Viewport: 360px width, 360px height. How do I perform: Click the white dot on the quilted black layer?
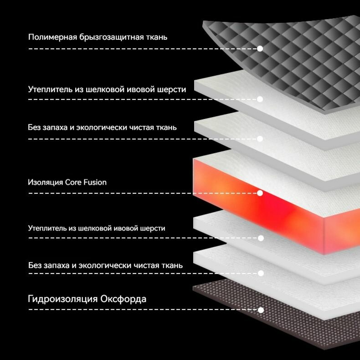click(x=260, y=48)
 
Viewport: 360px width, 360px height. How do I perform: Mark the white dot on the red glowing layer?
click(x=260, y=193)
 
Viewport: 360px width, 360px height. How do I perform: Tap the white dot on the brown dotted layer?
click(x=261, y=310)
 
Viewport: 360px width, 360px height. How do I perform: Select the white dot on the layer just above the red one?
click(x=260, y=139)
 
